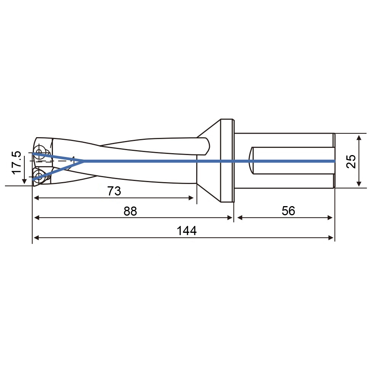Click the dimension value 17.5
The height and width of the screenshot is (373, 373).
coord(17,163)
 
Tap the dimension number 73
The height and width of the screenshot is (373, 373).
coord(114,191)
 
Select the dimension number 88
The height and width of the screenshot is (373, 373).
coord(130,211)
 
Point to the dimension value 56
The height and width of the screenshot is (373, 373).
coord(288,211)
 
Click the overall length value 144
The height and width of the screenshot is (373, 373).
coord(187,231)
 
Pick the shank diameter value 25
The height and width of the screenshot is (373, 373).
coord(351,162)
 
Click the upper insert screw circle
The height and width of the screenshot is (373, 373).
coord(38,151)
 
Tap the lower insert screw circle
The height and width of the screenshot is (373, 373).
coord(38,177)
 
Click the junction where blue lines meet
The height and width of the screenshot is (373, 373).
coord(83,161)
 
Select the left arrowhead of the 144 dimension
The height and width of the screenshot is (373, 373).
coord(37,238)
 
